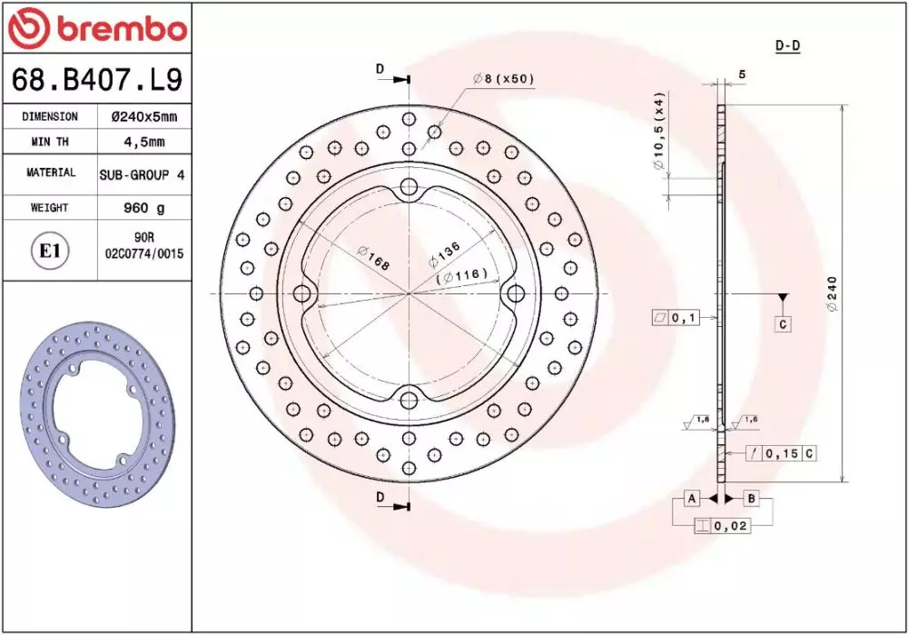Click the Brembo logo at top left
97,27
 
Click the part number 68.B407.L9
97,79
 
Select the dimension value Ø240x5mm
144,117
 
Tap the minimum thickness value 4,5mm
144,142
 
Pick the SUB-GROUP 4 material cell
143,174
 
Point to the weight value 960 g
144,207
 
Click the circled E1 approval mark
50,251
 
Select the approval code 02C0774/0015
144,253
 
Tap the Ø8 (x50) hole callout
503,79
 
